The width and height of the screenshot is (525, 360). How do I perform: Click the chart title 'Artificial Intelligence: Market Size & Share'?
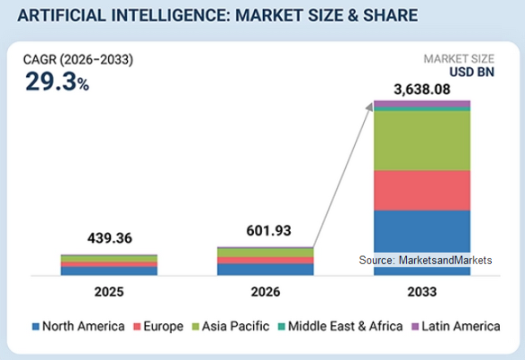[218, 15]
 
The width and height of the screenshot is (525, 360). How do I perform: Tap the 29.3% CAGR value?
[58, 82]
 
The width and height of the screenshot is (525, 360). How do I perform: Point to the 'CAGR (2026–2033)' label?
[78, 60]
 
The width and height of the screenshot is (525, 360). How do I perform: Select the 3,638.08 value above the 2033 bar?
[421, 90]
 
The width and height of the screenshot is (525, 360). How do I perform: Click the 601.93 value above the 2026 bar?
[269, 230]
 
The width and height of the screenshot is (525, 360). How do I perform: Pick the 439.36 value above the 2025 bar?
[110, 238]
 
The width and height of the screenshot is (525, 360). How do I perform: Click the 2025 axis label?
[109, 292]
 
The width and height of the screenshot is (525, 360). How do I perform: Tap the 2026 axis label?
[266, 292]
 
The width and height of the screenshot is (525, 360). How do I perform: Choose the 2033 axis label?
[421, 292]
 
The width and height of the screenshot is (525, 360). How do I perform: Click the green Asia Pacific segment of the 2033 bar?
[421, 140]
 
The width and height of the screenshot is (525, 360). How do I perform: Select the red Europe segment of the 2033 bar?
[421, 191]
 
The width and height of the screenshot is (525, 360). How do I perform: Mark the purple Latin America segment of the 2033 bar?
[421, 103]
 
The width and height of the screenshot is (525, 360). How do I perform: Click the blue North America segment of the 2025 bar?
[109, 271]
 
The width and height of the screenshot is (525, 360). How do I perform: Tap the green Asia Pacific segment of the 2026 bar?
[266, 253]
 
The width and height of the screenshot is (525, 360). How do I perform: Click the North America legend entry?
[78, 326]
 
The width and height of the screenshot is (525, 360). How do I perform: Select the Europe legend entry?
[158, 326]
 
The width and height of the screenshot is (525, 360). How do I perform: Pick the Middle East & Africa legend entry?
[340, 326]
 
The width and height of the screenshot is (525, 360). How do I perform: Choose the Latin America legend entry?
[456, 326]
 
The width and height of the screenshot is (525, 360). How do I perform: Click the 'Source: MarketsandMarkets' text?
[425, 260]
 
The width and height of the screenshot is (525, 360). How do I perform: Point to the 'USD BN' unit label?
[472, 72]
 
